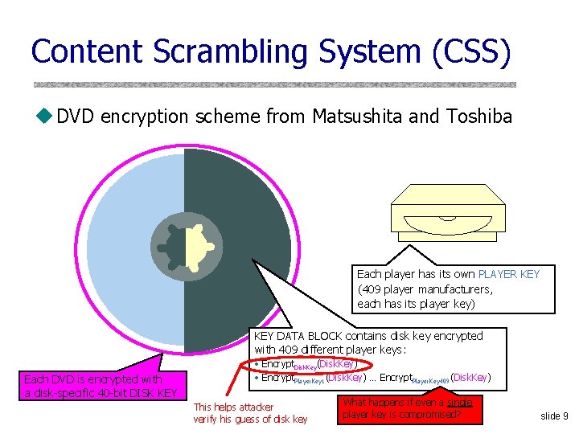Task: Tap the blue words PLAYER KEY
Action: pos(509,274)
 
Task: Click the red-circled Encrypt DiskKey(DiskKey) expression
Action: pos(306,366)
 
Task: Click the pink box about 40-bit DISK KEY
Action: pos(101,386)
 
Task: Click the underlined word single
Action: pos(460,402)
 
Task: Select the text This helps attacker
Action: pos(233,407)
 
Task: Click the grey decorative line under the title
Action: pos(274,84)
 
